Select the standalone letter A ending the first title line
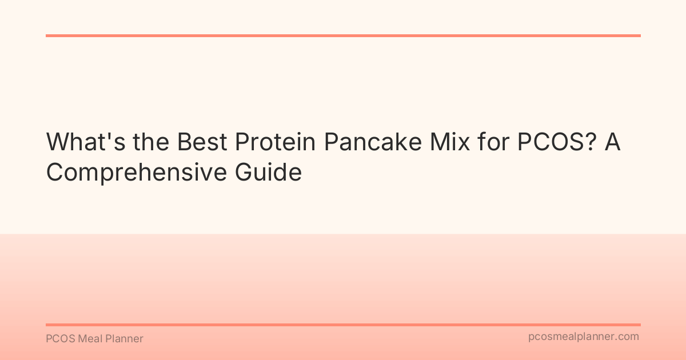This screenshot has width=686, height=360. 613,142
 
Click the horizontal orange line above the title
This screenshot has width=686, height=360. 343,35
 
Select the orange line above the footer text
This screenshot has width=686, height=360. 343,325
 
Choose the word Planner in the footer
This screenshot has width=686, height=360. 123,339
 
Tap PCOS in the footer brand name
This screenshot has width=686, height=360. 58,339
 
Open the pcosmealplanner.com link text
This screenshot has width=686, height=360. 584,337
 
